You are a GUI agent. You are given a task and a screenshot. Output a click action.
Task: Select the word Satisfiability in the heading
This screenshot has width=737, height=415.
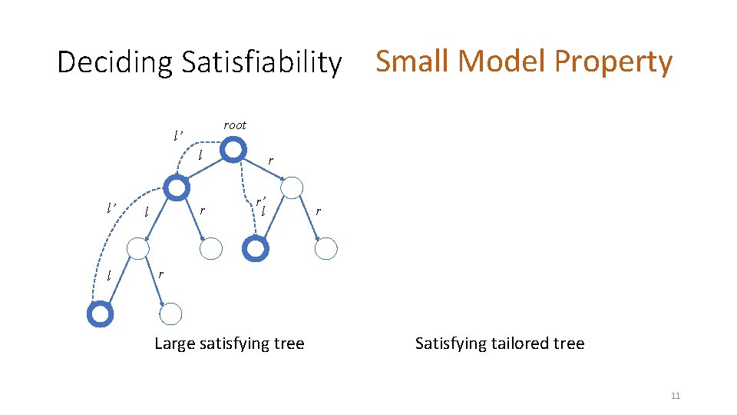click(262, 62)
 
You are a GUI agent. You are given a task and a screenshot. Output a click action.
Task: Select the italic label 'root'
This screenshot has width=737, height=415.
click(235, 124)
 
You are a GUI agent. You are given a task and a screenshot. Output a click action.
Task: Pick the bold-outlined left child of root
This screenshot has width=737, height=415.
click(178, 188)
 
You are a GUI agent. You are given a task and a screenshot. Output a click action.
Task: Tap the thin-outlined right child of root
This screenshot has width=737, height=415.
click(292, 188)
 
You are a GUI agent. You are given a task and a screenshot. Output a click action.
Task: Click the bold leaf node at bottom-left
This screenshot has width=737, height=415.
click(100, 314)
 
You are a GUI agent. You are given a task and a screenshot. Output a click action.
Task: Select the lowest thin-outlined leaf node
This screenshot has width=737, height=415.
click(171, 314)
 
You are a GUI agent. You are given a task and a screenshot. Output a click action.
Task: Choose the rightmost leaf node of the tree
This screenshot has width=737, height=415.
click(326, 248)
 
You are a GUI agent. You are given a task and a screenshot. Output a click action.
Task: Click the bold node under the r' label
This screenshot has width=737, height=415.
click(256, 248)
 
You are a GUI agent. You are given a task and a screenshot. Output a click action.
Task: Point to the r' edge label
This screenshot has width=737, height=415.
click(261, 201)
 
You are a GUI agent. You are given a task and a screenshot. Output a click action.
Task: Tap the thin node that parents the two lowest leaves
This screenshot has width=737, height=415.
click(138, 248)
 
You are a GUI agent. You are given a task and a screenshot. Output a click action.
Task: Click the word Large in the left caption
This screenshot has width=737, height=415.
click(174, 344)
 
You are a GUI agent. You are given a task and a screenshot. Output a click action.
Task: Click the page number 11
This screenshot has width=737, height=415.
click(676, 396)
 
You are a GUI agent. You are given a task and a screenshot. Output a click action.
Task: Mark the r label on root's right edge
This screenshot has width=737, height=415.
click(270, 161)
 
